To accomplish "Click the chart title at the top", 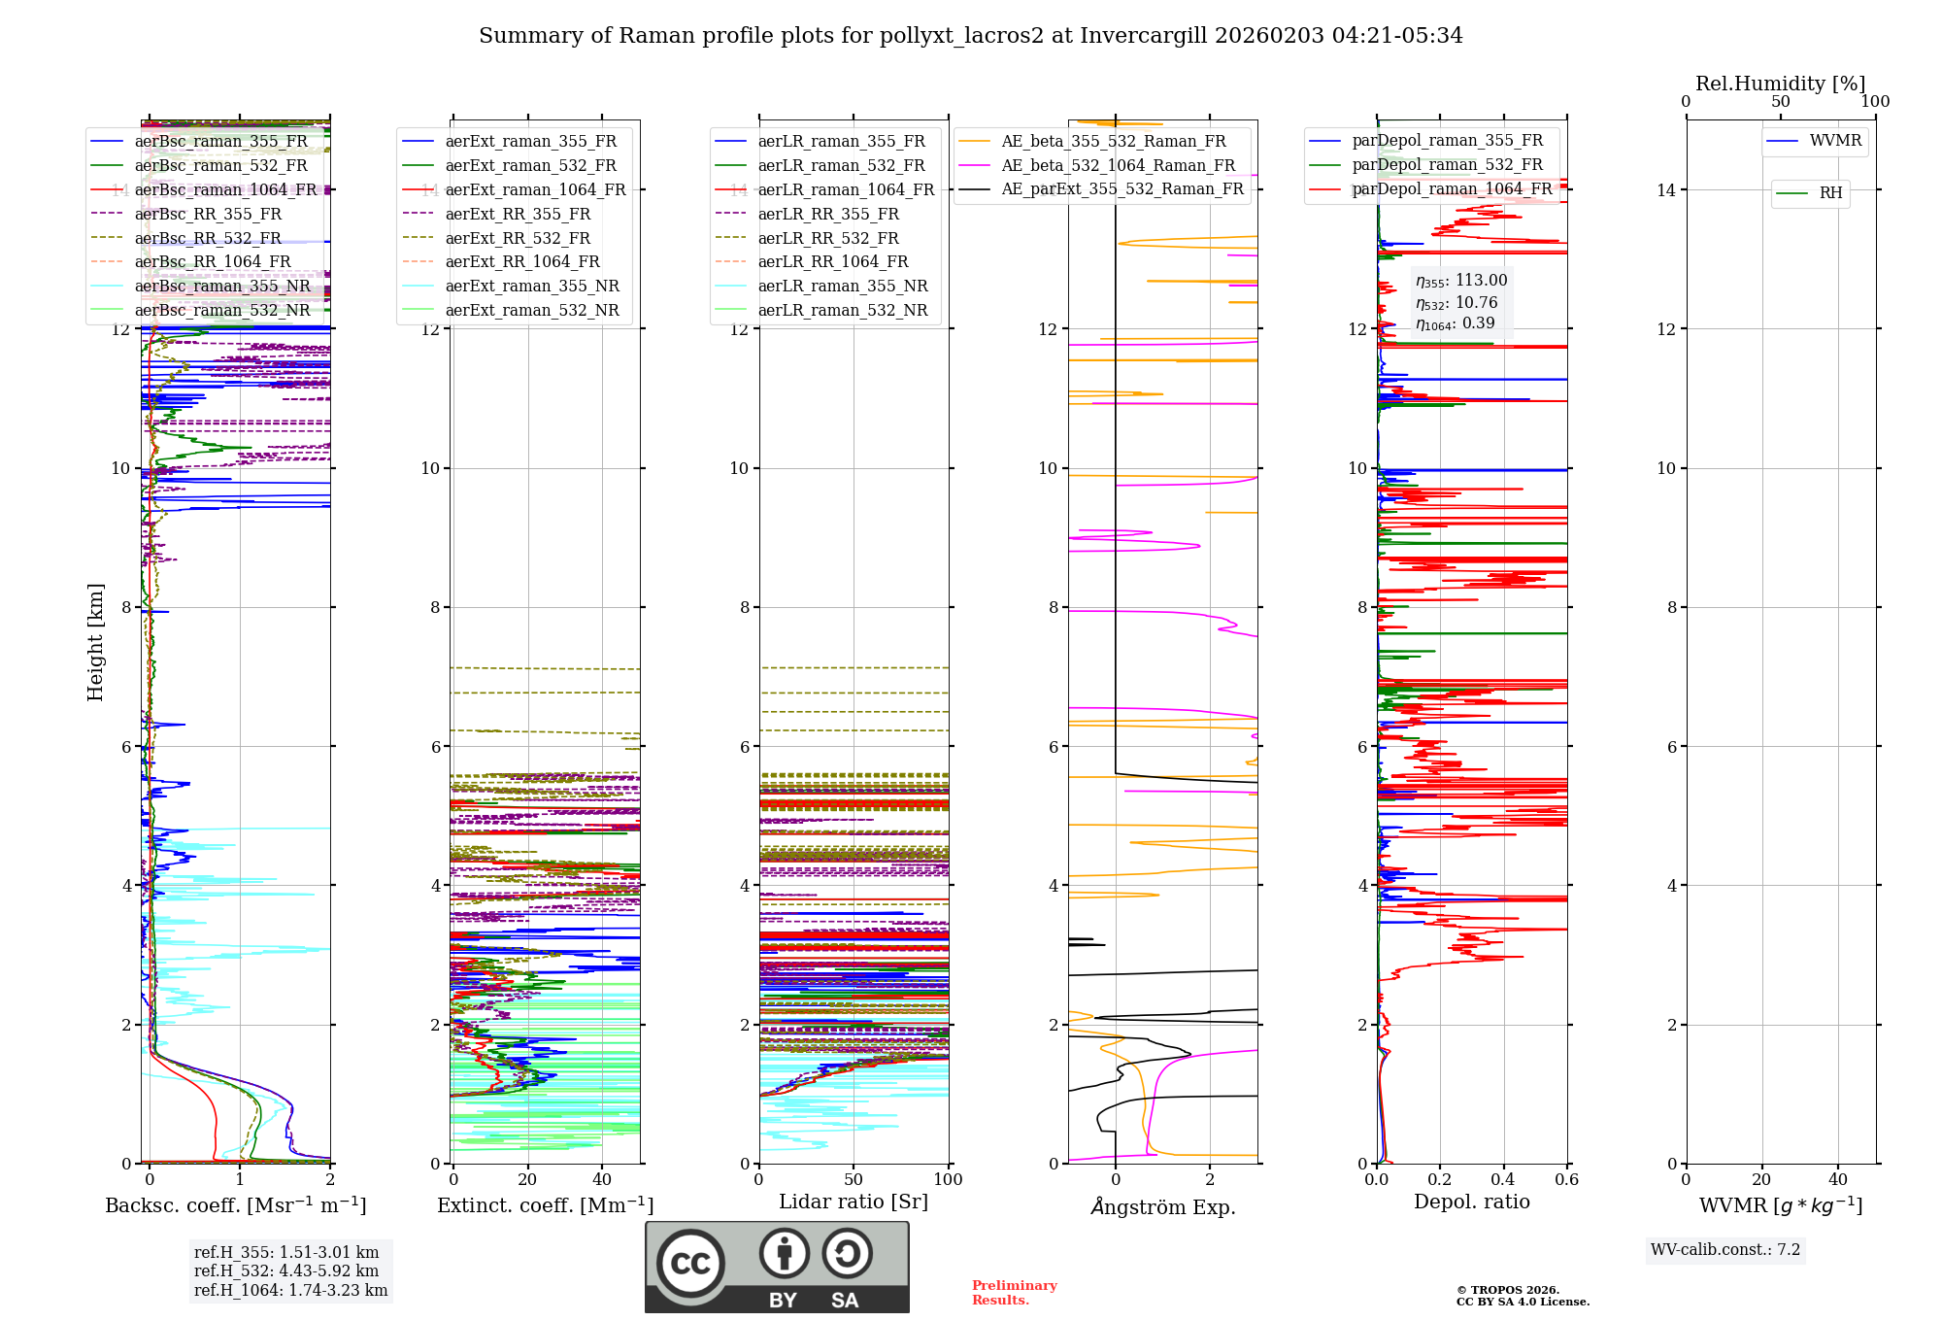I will click(x=970, y=36).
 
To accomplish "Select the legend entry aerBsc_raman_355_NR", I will click(x=222, y=287).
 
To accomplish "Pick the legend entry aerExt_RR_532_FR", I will click(x=518, y=238).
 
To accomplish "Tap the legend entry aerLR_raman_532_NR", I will click(x=842, y=311).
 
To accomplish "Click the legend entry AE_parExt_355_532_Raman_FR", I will click(x=1122, y=189).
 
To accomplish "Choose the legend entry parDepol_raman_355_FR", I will click(x=1447, y=141).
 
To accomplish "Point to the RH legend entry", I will click(x=1830, y=193).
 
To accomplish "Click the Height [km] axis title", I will click(x=95, y=641).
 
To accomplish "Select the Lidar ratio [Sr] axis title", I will click(x=854, y=1202).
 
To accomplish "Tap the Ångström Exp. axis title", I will click(x=1162, y=1207).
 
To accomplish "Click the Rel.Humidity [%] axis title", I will click(x=1780, y=84).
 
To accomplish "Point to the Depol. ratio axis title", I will click(x=1471, y=1202).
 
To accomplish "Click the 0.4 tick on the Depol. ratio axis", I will click(x=1503, y=1180).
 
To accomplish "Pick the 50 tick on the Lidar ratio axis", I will click(x=854, y=1180).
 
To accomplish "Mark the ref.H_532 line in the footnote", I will click(x=286, y=1271).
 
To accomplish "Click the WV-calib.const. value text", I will click(x=1725, y=1250).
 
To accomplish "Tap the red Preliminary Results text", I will click(x=1014, y=1293).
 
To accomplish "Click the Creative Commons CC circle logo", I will click(x=690, y=1264).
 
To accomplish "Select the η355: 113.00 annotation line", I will click(x=1461, y=281).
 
